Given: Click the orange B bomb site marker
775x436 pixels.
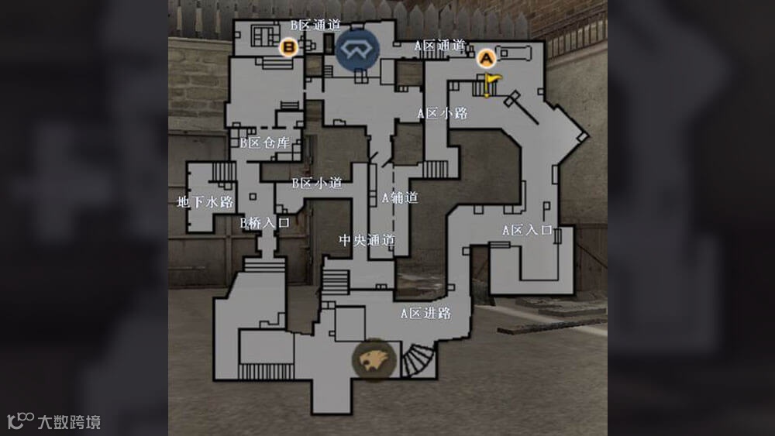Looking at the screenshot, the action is click(289, 48).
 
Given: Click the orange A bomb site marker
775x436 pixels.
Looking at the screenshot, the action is click(486, 57).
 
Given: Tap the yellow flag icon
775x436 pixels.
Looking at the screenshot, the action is click(491, 80).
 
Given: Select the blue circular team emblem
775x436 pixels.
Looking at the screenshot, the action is click(357, 49).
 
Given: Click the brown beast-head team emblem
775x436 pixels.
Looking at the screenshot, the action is click(374, 358).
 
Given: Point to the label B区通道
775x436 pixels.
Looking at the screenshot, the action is click(315, 25).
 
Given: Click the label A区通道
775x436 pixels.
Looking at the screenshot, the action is click(439, 45).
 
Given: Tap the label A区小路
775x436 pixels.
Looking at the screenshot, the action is click(443, 113).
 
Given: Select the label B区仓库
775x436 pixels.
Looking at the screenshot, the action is click(264, 142).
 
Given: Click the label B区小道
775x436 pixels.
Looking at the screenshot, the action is click(316, 184).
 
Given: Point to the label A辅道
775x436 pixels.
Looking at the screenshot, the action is click(400, 197).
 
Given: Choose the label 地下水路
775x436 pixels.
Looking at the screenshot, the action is click(205, 202).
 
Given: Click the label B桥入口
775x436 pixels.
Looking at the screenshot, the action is click(264, 222).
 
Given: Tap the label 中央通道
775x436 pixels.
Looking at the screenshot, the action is click(367, 240).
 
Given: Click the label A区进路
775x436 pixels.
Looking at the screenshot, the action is click(425, 314).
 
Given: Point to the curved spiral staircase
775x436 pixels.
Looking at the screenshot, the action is click(418, 361).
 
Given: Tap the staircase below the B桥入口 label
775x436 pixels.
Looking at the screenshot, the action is click(265, 264).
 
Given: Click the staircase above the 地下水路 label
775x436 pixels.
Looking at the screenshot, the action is click(224, 171).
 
